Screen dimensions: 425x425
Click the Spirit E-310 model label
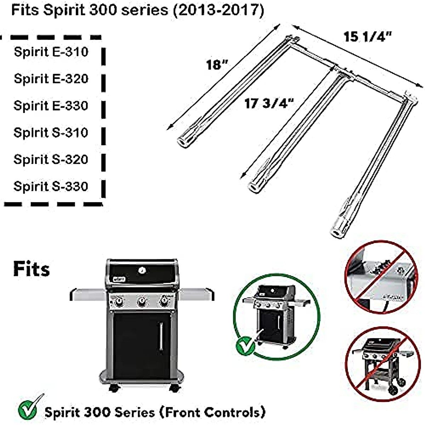51,52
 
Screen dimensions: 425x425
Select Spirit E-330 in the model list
51,106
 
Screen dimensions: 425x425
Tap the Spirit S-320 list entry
51,160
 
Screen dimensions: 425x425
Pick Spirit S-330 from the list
51,187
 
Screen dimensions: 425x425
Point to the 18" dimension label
217,65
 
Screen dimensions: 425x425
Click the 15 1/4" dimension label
368,37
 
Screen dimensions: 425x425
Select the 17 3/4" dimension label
269,103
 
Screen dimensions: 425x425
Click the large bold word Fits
32,269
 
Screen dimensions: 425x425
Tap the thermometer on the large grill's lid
142,271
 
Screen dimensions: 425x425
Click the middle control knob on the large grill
142,302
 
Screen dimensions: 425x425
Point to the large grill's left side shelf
88,294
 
